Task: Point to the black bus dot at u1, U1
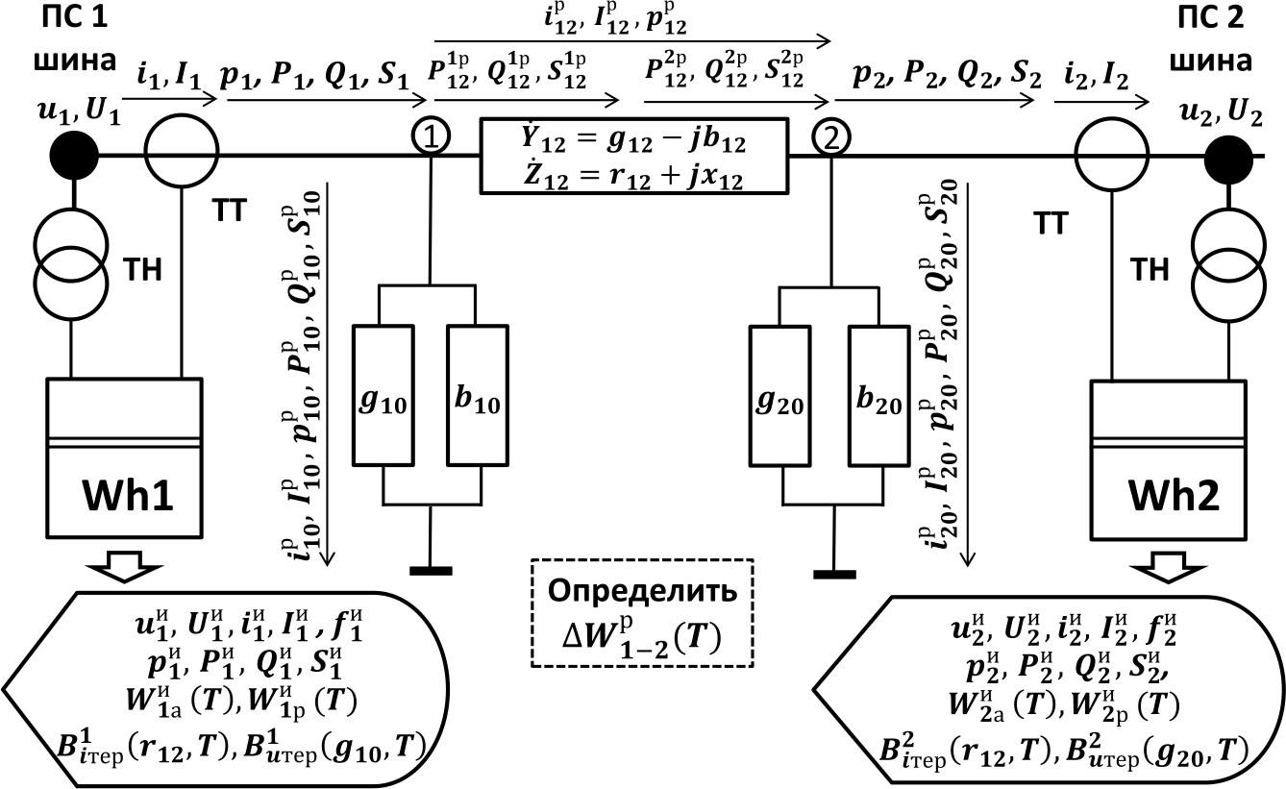pos(73,153)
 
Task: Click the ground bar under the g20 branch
pos(832,575)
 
